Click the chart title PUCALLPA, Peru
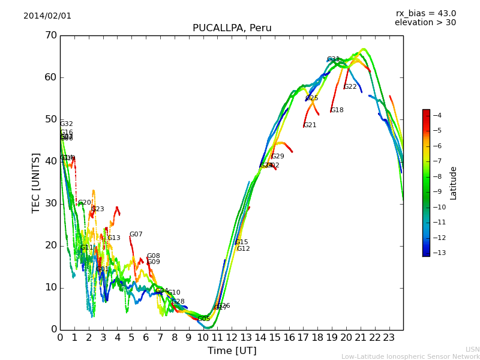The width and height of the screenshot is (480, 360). pos(232,28)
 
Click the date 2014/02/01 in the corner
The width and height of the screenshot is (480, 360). pos(47,16)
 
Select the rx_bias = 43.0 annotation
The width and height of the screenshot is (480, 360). pos(425,13)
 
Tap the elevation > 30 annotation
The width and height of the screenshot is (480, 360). pos(425,23)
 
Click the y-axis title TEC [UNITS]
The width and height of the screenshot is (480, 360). pos(36,182)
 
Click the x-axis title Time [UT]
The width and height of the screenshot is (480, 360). pos(232,350)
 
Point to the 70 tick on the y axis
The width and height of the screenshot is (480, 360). pos(50,35)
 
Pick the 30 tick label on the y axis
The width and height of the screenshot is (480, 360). pos(50,203)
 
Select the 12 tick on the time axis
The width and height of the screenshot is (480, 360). pos(232,337)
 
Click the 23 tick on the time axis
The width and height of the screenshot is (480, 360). pos(389,337)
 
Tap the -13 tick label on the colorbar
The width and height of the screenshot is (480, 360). pos(436,253)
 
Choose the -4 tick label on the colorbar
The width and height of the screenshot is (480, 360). pos(436,115)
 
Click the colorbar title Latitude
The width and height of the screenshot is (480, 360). pos(454,183)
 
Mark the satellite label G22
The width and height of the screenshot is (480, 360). pos(350,87)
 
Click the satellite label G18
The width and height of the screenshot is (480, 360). pos(337,110)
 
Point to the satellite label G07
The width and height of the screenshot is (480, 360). pos(136,235)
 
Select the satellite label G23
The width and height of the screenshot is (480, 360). pos(97,209)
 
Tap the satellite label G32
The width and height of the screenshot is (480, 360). pos(66,124)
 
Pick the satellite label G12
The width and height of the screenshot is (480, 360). pos(243,249)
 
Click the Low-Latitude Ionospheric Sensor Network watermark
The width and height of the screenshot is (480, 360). pos(410,356)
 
